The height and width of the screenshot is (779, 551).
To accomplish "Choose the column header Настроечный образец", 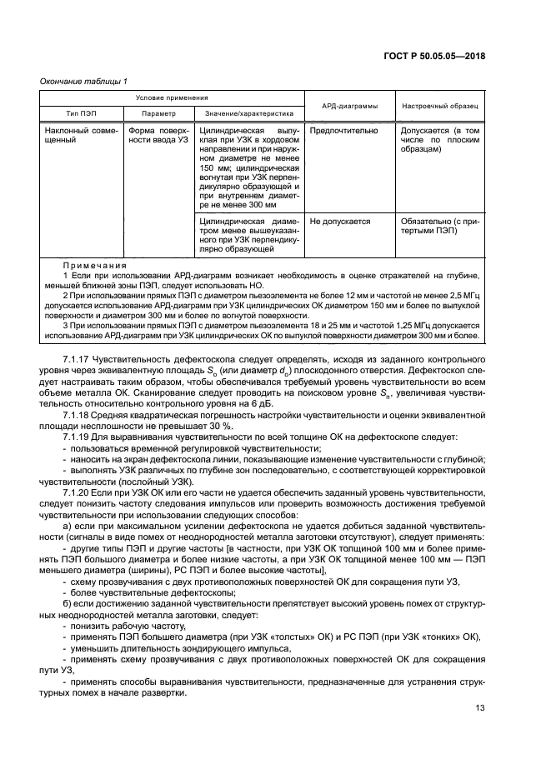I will click(x=439, y=106).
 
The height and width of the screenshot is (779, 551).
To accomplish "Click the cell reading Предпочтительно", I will click(x=343, y=131).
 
